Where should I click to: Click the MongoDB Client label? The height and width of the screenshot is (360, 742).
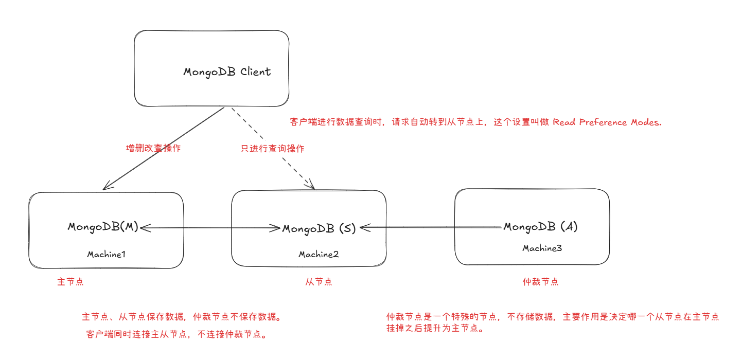click(227, 72)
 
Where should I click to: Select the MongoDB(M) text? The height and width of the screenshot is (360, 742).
click(103, 227)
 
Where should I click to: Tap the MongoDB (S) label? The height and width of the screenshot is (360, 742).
click(319, 229)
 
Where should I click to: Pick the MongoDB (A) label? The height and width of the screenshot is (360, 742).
click(540, 227)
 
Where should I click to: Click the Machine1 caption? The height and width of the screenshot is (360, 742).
click(106, 254)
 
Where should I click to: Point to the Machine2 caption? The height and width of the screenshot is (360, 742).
click(319, 255)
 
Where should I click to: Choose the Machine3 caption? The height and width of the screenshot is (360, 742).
click(542, 248)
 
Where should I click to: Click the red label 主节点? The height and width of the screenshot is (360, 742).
click(70, 282)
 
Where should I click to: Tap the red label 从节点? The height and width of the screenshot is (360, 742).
click(319, 282)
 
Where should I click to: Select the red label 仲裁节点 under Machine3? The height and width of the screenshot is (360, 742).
click(540, 282)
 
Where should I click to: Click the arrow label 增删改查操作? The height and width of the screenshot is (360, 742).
click(153, 149)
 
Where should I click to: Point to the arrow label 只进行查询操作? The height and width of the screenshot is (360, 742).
click(273, 149)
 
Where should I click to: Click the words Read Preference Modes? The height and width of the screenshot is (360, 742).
click(607, 122)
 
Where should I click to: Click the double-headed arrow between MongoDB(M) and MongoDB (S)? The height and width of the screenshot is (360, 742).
click(210, 227)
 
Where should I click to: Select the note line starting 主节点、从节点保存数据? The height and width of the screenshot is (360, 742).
click(182, 317)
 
